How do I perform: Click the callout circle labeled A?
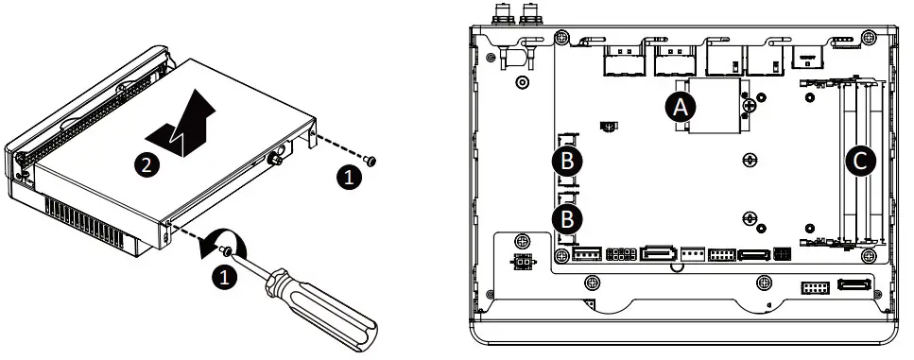677,107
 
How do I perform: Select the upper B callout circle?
566,161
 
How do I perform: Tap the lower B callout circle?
566,219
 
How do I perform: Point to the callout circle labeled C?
858,161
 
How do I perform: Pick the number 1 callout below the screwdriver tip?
223,278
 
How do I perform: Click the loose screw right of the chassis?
370,161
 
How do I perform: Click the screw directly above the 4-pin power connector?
519,240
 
